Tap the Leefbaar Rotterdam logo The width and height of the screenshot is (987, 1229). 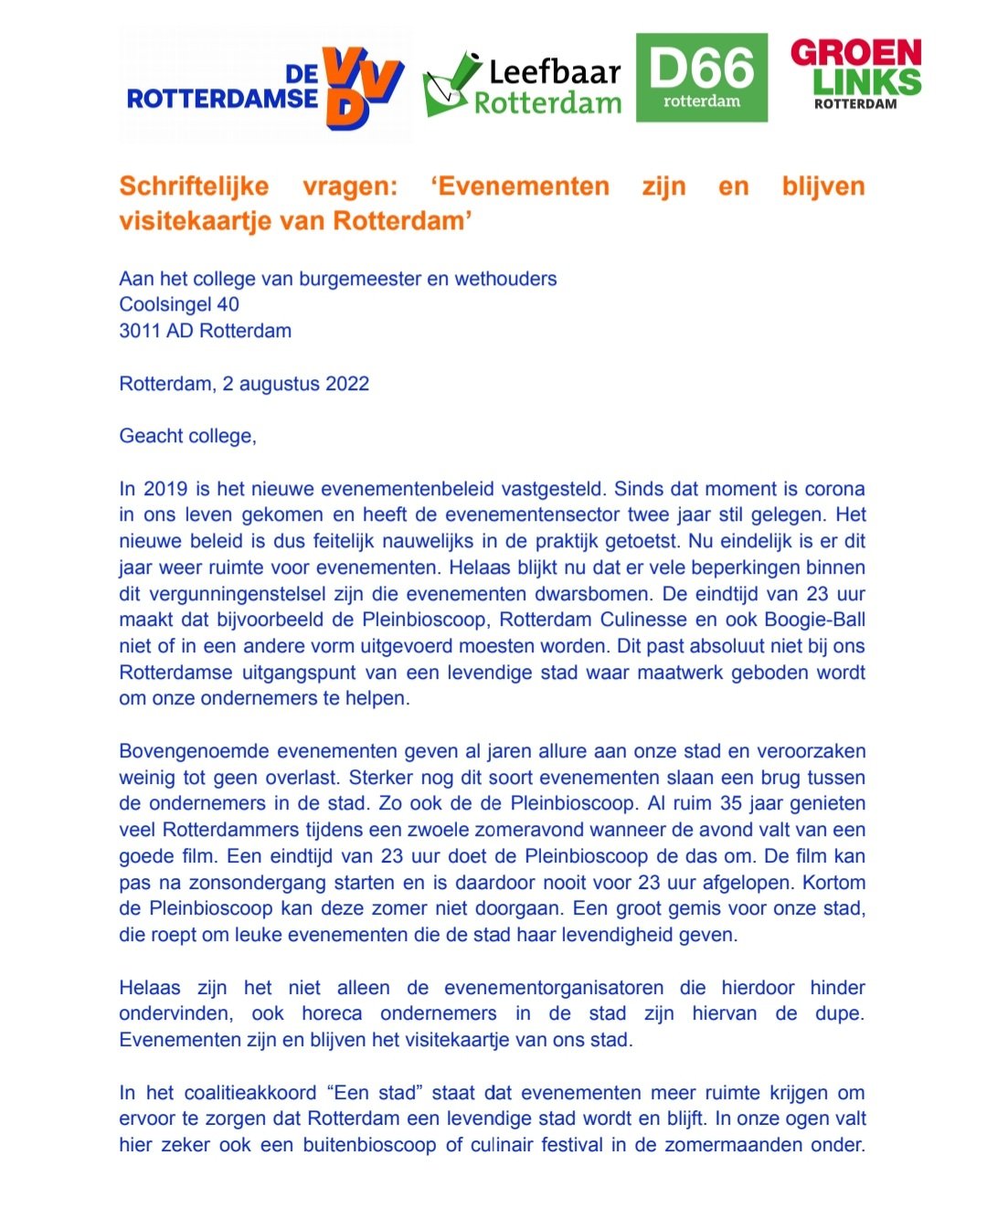coord(523,85)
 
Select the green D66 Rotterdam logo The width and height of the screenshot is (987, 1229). coord(701,78)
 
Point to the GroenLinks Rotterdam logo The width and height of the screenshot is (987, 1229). coord(855,73)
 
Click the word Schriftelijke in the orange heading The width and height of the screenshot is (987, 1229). coord(194,186)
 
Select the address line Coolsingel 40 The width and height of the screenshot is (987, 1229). coord(179,304)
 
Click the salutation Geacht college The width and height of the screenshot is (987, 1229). coord(187,436)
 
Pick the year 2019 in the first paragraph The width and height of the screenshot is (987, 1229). coord(164,489)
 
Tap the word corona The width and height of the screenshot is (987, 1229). coord(834,489)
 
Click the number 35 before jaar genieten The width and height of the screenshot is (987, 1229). coord(730,804)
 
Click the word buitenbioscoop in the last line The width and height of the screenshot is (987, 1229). coord(369,1145)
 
